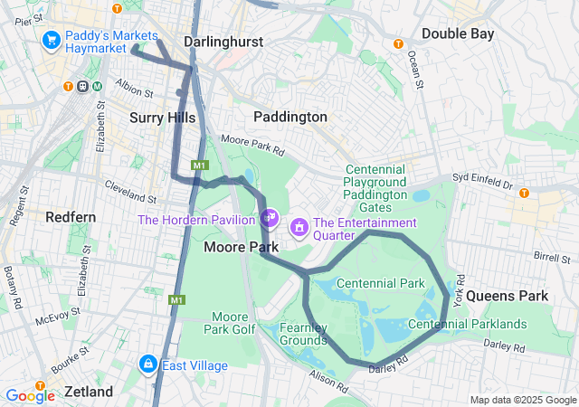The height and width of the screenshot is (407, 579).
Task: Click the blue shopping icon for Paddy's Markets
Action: (51, 41)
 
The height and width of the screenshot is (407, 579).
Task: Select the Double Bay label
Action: (457, 33)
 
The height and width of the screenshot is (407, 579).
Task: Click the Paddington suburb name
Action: (289, 117)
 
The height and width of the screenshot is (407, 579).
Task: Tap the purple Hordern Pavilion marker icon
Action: (269, 217)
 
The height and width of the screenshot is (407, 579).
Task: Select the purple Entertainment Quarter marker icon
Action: (298, 229)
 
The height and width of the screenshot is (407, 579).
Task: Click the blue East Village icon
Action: (147, 364)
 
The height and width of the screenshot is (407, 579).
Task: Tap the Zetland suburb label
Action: (88, 392)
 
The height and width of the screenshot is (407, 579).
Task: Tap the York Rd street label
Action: (460, 289)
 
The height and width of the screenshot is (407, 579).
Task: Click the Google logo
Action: (30, 395)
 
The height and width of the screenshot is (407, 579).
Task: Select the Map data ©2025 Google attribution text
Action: (522, 400)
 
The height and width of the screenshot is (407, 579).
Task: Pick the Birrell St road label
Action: (552, 257)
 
